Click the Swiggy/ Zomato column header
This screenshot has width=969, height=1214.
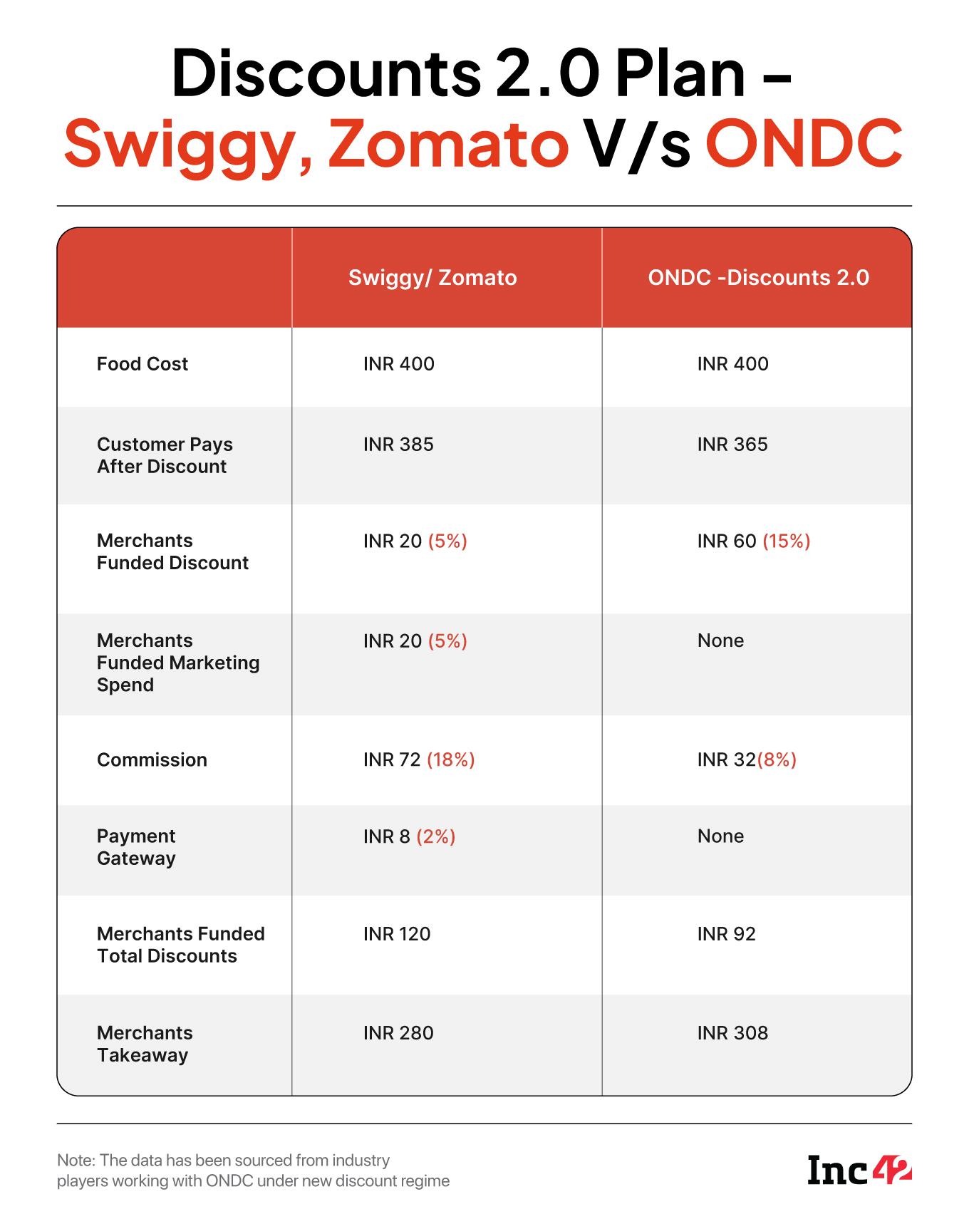click(x=432, y=278)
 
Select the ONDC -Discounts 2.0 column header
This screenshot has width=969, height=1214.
click(x=758, y=278)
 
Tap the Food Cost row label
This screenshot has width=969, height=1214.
click(x=142, y=364)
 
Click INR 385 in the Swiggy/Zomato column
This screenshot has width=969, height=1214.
click(x=398, y=445)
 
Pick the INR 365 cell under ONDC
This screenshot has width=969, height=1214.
click(x=732, y=445)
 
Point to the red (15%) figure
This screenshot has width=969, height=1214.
click(x=787, y=541)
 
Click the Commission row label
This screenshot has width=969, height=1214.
click(x=152, y=760)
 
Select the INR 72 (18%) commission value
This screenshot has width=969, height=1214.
click(x=419, y=760)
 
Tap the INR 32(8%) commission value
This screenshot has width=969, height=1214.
click(x=747, y=760)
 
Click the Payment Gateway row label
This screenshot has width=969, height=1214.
click(x=136, y=847)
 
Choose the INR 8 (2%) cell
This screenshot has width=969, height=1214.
click(x=409, y=836)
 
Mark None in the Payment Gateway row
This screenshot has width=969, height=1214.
click(x=720, y=836)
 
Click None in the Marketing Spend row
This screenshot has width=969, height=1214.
click(x=720, y=640)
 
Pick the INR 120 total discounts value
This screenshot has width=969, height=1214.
click(x=397, y=934)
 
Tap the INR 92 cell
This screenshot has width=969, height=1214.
click(x=726, y=934)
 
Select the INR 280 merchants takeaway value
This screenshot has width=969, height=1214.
click(x=398, y=1033)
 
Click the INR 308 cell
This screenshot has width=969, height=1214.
click(x=732, y=1033)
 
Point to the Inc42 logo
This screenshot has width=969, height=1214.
click(x=859, y=1171)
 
